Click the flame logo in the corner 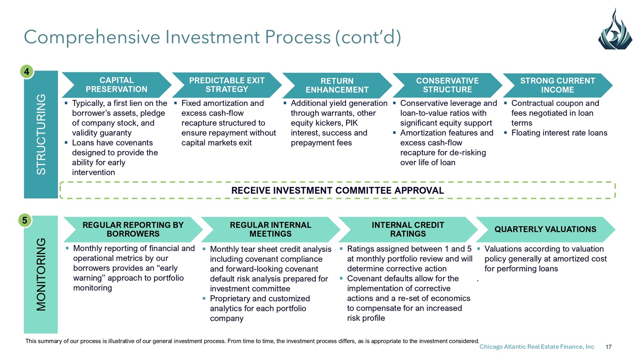click(615, 30)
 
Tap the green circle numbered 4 click(27, 71)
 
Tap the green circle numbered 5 click(25, 220)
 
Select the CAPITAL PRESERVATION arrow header click(117, 85)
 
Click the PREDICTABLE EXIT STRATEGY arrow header click(226, 85)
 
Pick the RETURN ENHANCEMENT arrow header click(337, 85)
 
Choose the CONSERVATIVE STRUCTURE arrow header click(447, 85)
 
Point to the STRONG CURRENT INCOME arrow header click(557, 85)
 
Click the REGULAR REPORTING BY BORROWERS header click(133, 229)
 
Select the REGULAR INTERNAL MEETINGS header click(271, 229)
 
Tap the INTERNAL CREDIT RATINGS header click(408, 229)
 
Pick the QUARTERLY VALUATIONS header click(545, 229)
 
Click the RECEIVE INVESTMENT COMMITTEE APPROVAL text click(338, 190)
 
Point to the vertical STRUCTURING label click(41, 135)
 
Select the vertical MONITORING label click(41, 275)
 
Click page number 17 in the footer click(609, 347)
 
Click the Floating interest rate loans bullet click(559, 133)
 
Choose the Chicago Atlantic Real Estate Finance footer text click(537, 347)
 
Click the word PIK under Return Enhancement click(352, 123)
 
